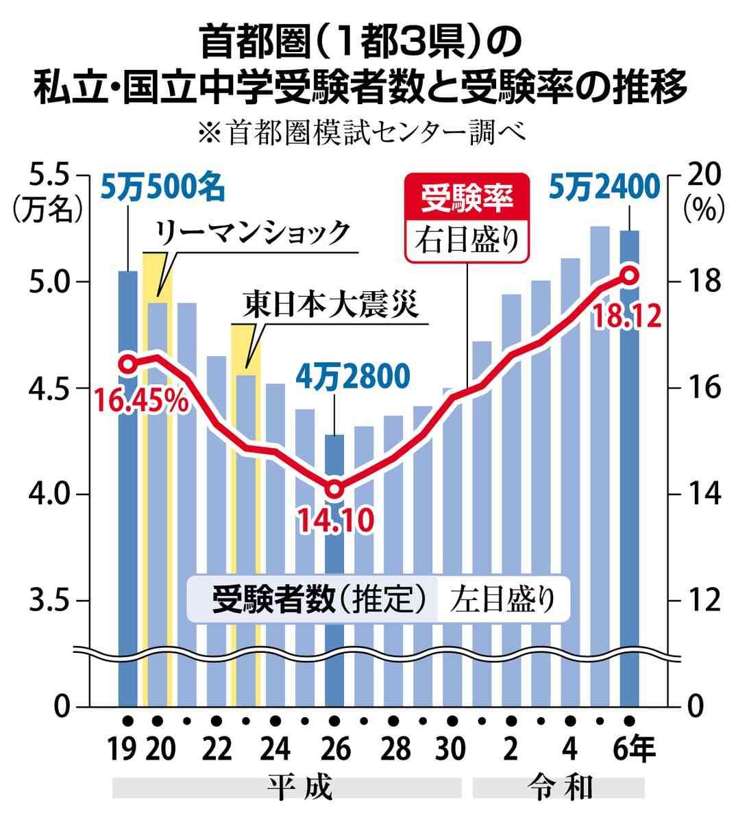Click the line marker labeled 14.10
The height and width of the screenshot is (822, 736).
tap(334, 490)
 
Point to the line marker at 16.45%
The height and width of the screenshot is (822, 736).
tap(127, 364)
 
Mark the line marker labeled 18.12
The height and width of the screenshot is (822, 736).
tap(629, 275)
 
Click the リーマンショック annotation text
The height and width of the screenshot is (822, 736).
tap(253, 234)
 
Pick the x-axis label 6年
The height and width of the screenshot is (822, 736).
tap(634, 749)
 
